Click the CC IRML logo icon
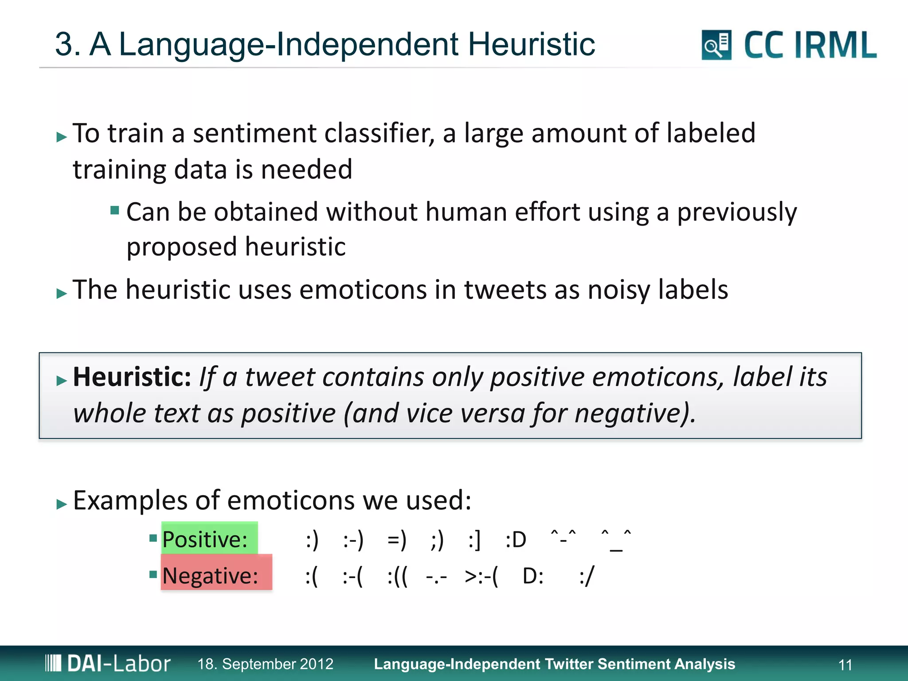coord(716,45)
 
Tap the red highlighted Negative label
coord(215,575)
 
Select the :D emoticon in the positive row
coord(516,540)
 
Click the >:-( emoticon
coord(481,576)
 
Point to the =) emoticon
coord(396,540)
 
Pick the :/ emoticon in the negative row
coord(586,576)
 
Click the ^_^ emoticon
coord(616,539)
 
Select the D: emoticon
coord(533,576)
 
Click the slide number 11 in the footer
coord(845,665)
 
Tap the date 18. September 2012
coord(265,664)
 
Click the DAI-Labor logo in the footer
coord(108,663)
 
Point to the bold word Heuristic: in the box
coord(132,377)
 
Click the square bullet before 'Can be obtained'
coord(115,210)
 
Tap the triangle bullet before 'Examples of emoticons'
coord(62,504)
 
